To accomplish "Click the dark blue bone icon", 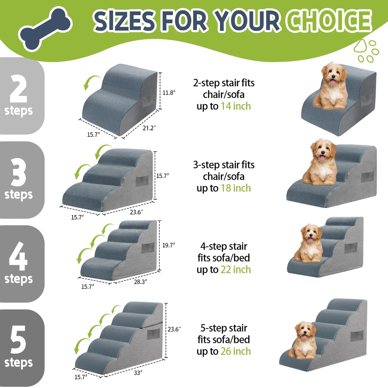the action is [46, 29].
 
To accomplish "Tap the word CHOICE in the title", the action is [329, 21].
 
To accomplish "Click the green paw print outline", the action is [366, 51].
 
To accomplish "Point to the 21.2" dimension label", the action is [149, 128].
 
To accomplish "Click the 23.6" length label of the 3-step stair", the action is [136, 212].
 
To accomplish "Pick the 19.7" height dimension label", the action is [168, 245].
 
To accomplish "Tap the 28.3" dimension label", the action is [140, 282].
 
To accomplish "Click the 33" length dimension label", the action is [138, 373].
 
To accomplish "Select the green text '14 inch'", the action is [236, 106].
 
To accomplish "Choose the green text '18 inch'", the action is [236, 188].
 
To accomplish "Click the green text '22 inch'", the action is [236, 269].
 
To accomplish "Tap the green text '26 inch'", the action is [236, 351].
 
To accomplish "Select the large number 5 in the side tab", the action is [18, 339].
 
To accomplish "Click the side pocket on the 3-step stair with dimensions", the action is [142, 181].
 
